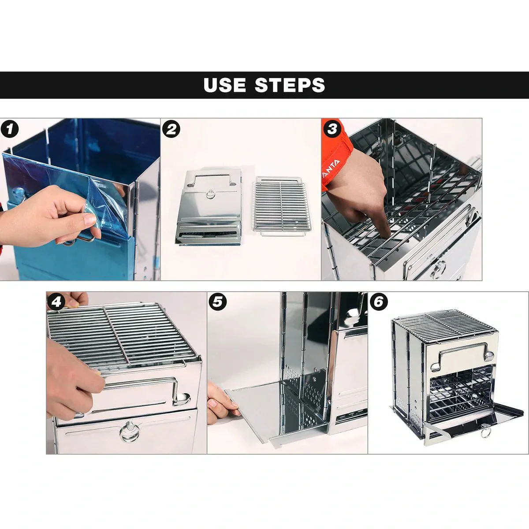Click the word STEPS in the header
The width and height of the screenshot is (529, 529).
(290, 85)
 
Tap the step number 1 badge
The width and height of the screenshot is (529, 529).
(10, 130)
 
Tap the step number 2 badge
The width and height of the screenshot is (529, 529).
(171, 130)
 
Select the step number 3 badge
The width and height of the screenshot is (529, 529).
(332, 129)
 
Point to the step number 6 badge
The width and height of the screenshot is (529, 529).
(379, 302)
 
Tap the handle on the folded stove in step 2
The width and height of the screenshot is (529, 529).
(209, 179)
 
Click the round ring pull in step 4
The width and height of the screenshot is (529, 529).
(128, 431)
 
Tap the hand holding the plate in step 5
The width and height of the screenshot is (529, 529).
(220, 399)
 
